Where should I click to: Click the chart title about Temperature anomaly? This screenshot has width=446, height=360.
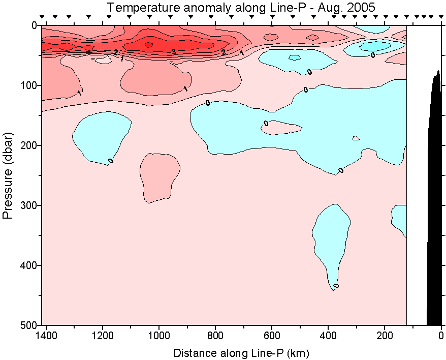pyautogui.click(x=241, y=8)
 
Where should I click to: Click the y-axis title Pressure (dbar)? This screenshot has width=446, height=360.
pyautogui.click(x=8, y=175)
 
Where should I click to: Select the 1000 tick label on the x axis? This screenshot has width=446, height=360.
pyautogui.click(x=159, y=337)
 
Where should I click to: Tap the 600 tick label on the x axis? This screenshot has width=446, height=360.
pyautogui.click(x=272, y=337)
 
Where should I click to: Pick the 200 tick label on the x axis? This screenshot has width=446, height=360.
pyautogui.click(x=385, y=337)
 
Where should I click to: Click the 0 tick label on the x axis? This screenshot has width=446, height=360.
pyautogui.click(x=441, y=337)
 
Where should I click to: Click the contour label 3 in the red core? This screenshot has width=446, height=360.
pyautogui.click(x=173, y=52)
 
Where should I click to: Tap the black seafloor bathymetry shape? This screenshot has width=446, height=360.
pyautogui.click(x=435, y=203)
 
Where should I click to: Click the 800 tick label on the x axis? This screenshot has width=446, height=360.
pyautogui.click(x=215, y=337)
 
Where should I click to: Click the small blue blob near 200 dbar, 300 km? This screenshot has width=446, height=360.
pyautogui.click(x=356, y=138)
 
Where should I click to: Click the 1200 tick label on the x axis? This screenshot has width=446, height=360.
pyautogui.click(x=103, y=337)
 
